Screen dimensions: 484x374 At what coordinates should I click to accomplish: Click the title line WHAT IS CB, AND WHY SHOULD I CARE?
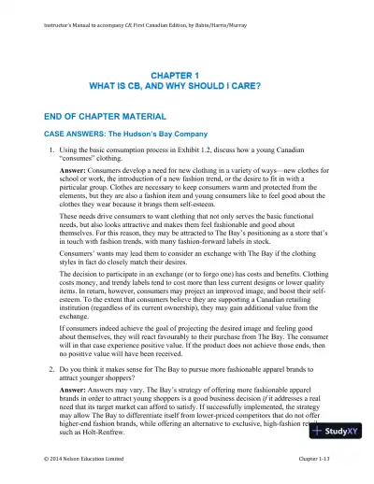point(187,86)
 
